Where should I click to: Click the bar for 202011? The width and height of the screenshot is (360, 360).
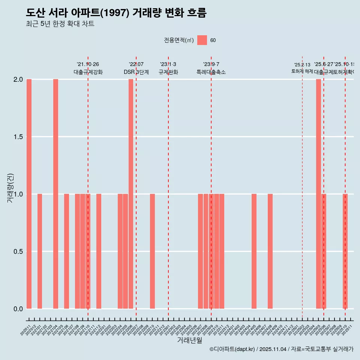click(29, 194)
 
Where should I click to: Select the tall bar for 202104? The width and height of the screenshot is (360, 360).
click(55, 194)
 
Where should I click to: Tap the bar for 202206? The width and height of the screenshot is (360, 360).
click(131, 194)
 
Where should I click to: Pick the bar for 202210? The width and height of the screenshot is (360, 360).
click(152, 251)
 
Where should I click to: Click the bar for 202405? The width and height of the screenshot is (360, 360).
click(254, 251)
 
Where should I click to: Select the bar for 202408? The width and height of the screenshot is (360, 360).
click(270, 251)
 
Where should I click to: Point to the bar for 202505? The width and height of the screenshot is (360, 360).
click(318, 194)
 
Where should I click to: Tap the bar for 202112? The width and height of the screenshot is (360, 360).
click(99, 251)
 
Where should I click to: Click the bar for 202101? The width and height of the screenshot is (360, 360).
click(40, 251)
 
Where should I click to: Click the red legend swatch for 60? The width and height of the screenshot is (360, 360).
click(202, 40)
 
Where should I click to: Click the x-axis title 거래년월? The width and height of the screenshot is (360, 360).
click(190, 340)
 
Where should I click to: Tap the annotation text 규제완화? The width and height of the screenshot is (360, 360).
click(168, 72)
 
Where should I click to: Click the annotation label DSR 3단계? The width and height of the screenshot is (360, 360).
click(136, 72)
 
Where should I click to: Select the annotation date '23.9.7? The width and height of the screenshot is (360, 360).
click(211, 64)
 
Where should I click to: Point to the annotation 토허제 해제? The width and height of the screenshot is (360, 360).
click(302, 71)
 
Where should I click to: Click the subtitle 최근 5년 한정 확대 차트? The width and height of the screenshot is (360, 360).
click(60, 24)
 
